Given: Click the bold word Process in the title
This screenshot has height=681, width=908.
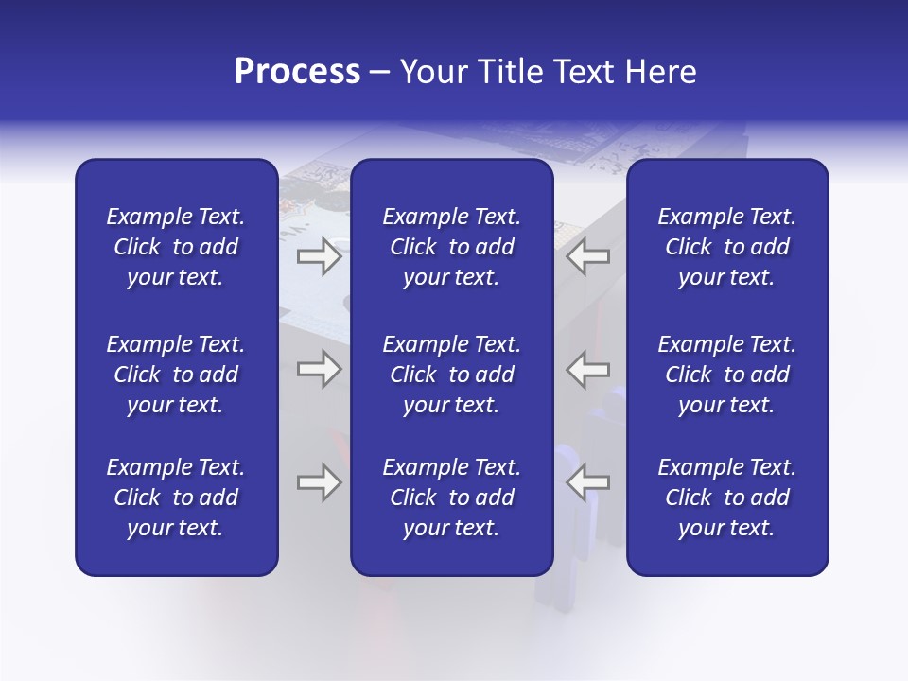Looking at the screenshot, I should tap(297, 72).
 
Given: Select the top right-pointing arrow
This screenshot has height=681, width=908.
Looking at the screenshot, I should tap(319, 255).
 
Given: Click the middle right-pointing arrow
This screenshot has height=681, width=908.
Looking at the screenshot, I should tap(319, 369).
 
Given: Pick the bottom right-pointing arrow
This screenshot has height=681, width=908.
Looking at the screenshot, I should tap(319, 482).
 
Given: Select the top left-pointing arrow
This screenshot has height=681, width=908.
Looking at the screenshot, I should tap(587, 255).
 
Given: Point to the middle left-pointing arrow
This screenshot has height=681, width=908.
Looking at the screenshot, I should tap(587, 369).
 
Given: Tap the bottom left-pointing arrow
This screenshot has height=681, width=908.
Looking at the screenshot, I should tap(587, 482).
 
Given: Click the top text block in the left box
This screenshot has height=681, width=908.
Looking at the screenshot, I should tap(176, 247).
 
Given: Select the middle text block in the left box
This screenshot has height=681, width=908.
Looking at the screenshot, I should tap(176, 375).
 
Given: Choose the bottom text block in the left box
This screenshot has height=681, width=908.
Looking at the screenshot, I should tap(176, 498).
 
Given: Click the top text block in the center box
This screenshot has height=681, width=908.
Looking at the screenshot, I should tap(451, 247).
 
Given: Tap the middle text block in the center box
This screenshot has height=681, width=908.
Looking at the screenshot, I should tap(451, 375).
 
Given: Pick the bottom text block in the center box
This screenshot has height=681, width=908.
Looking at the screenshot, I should tap(451, 498).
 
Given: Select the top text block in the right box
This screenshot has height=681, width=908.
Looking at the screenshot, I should tap(726, 247).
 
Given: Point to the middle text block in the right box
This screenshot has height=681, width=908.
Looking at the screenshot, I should tap(726, 375).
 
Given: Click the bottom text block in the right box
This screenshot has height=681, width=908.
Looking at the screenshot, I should tap(726, 498).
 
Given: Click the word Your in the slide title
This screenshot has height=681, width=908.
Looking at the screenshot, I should tap(432, 72).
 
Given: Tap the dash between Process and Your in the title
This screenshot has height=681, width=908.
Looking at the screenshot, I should tap(380, 73).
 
